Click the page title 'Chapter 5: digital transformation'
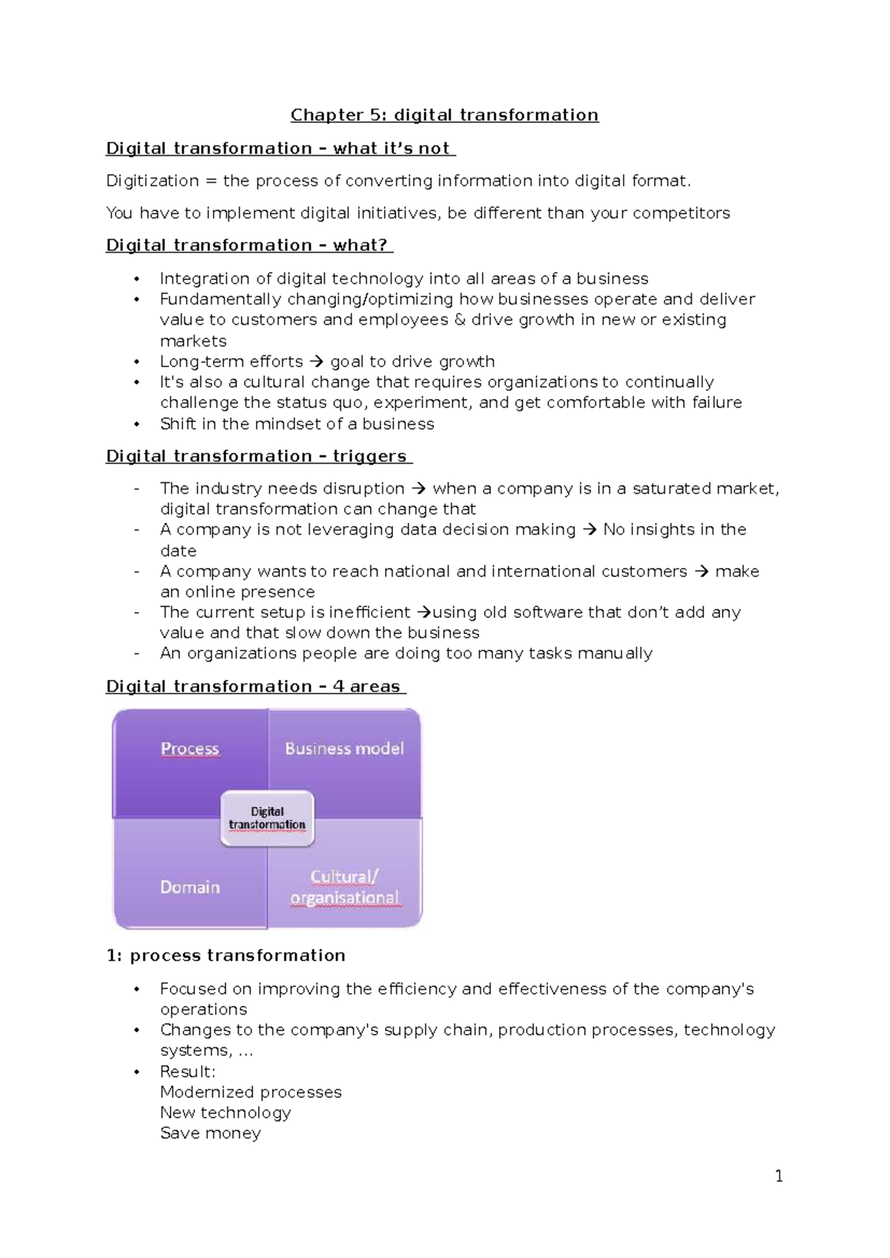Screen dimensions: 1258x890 tap(444, 115)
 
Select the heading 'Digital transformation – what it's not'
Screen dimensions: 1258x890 tap(279, 148)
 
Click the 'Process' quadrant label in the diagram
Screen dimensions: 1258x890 tap(190, 748)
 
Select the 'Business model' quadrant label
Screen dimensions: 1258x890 tap(344, 748)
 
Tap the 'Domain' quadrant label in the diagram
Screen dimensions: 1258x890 tap(190, 887)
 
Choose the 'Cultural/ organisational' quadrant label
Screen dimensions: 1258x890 tap(344, 887)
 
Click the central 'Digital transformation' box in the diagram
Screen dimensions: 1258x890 tap(267, 818)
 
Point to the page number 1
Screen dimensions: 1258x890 tap(779, 1176)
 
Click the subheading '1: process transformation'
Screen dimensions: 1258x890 tap(226, 955)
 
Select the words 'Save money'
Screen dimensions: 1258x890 tap(211, 1133)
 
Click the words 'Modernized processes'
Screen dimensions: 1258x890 tap(251, 1093)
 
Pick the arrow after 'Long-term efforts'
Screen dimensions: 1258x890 tap(317, 362)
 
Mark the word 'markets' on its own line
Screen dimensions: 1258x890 tap(194, 341)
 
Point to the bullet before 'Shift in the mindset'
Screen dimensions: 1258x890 tap(136, 424)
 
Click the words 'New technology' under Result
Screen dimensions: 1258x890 tap(225, 1113)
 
